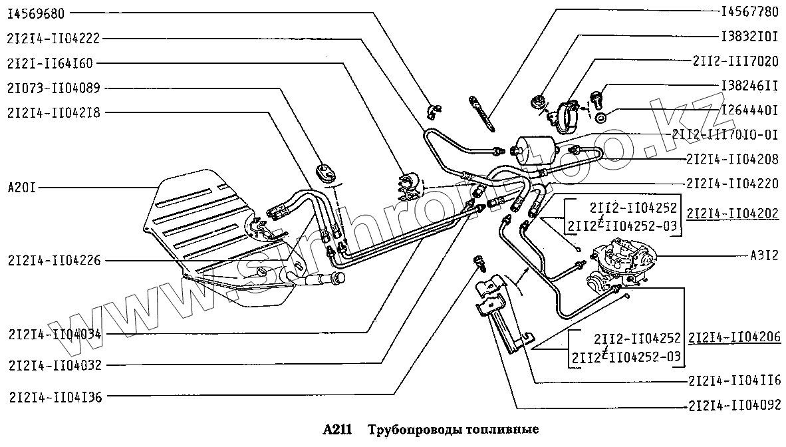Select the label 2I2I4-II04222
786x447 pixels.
click(54, 38)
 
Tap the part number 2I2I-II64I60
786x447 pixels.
click(51, 63)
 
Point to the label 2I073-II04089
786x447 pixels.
click(54, 88)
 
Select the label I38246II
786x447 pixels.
click(749, 85)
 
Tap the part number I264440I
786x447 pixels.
click(749, 109)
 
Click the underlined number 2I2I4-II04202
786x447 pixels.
click(733, 214)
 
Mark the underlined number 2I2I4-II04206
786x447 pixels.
click(735, 337)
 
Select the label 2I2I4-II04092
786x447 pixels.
click(735, 404)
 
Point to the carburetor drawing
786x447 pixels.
click(622, 263)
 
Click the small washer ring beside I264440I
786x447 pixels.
click(601, 118)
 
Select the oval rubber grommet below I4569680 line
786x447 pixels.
click(327, 170)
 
